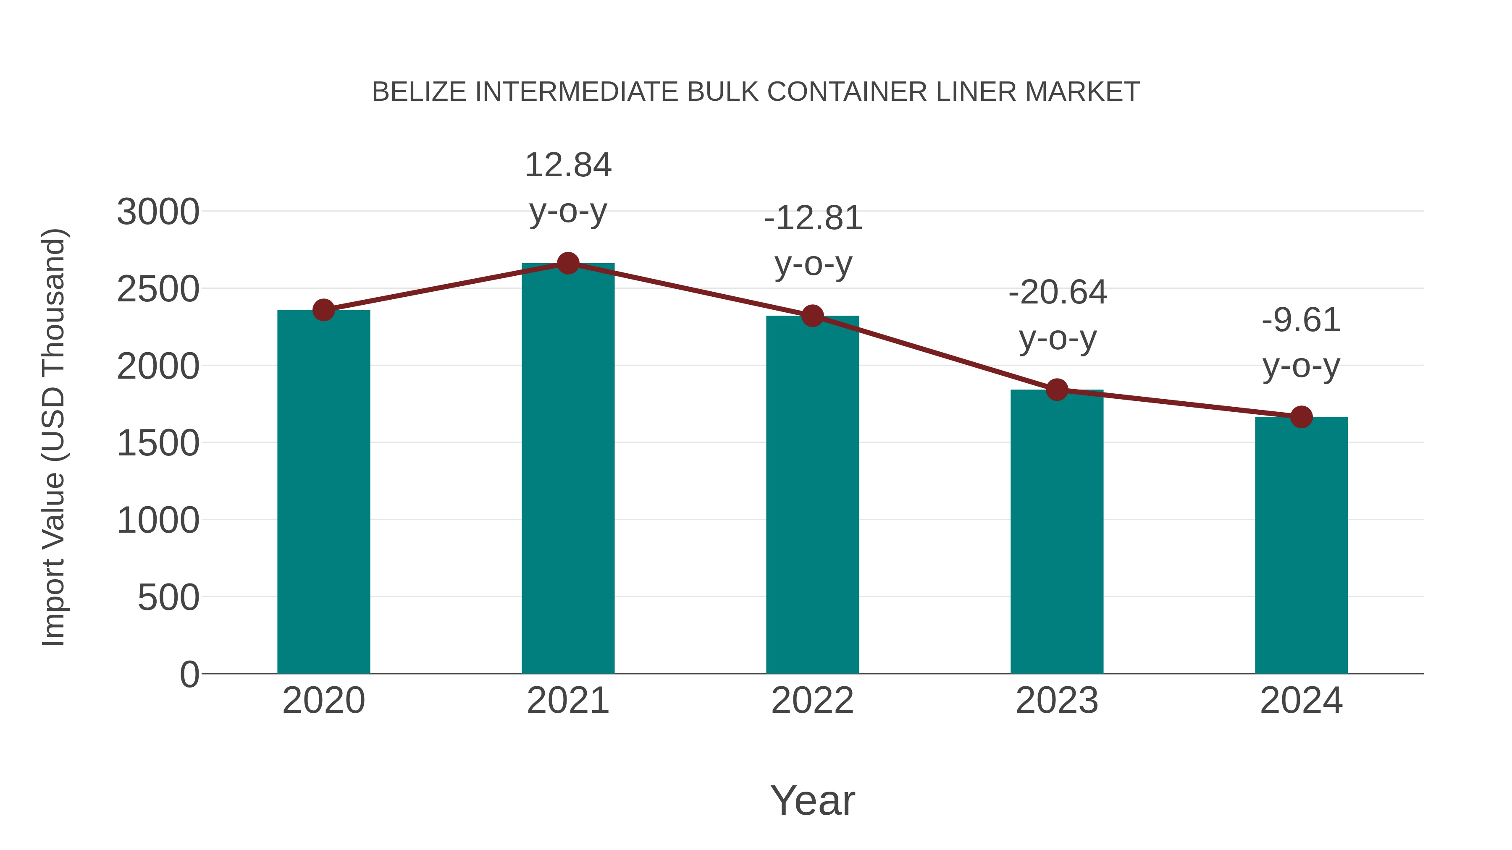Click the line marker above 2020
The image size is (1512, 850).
323,310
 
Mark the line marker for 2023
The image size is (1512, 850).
1057,390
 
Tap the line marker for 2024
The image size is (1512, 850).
1301,417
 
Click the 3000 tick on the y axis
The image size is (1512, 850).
158,212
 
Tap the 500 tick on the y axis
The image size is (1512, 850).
168,598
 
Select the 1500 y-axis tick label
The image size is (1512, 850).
158,444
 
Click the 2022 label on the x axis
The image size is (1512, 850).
812,701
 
